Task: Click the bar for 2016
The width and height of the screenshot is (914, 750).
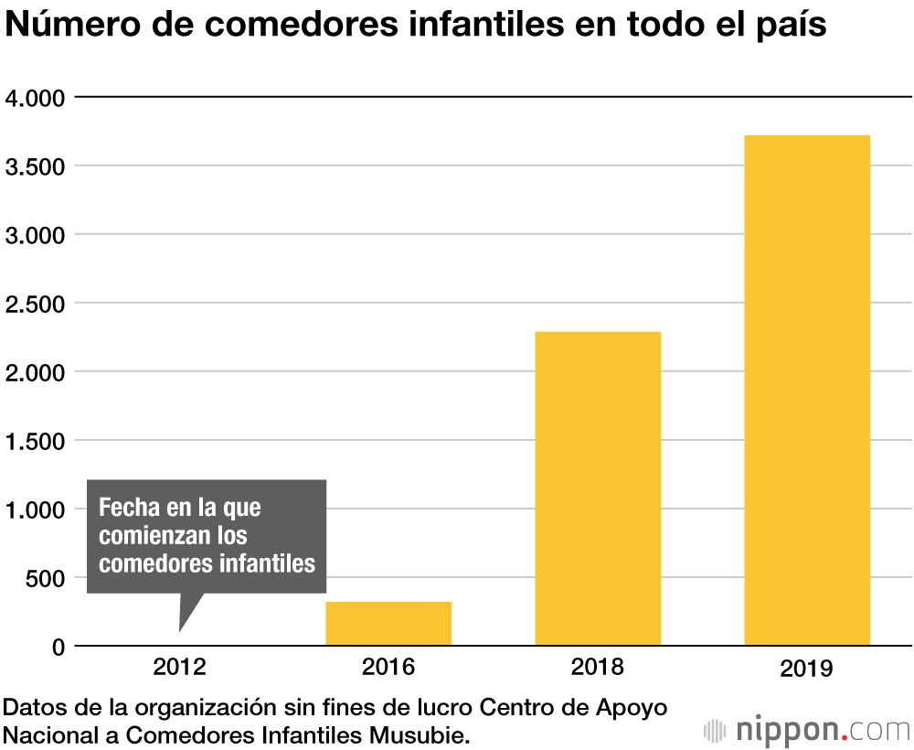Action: point(388,623)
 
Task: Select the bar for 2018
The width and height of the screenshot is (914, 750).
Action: point(598,488)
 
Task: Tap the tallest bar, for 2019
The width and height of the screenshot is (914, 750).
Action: point(807,391)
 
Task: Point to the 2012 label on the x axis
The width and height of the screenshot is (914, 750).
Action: point(179,667)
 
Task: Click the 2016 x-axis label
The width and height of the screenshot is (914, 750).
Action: point(388,667)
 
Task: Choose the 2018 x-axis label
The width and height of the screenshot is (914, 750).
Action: point(598,667)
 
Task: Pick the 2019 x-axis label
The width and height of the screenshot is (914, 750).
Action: point(807,669)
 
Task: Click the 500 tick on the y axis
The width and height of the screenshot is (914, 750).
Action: point(45,578)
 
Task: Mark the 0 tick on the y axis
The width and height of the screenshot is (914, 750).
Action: point(58,647)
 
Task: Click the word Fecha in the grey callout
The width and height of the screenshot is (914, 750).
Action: point(127,507)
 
